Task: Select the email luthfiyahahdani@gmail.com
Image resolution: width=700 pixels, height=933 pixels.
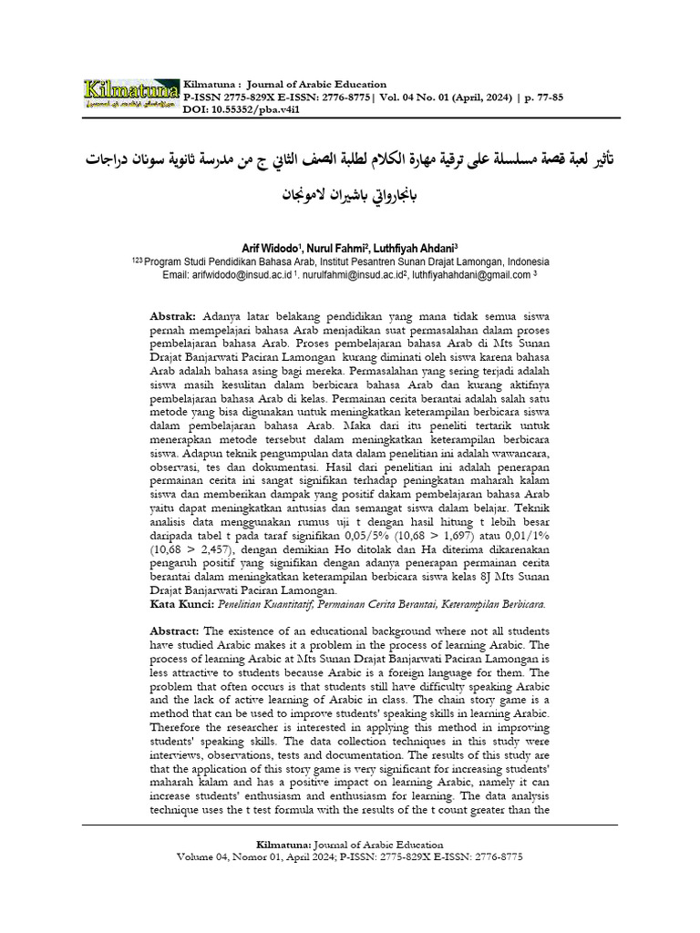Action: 470,273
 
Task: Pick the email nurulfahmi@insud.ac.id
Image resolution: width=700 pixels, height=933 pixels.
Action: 348,273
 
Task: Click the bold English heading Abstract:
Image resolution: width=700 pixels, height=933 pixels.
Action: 175,631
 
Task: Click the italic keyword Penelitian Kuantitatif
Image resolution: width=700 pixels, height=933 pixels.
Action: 271,603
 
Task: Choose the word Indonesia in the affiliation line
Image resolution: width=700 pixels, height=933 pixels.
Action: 523,260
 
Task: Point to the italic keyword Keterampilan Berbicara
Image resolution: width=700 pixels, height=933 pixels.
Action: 491,603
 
